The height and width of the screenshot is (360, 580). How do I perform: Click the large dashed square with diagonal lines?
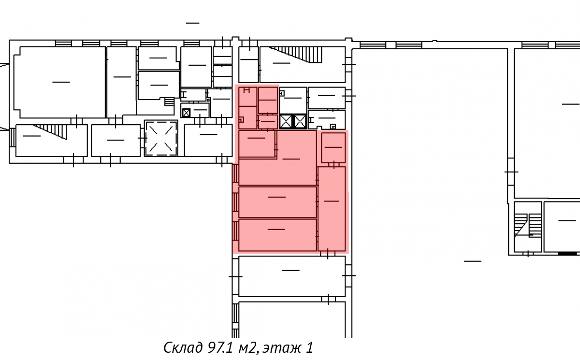click(161, 138)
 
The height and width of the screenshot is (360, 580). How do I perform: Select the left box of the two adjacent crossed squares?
click(286, 121)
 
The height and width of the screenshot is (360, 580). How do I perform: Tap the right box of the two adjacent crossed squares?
click(300, 121)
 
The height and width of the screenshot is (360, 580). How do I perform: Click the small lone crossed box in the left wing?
click(186, 113)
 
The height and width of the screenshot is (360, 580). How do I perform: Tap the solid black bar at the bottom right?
click(567, 254)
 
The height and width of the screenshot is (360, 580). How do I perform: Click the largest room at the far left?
click(59, 82)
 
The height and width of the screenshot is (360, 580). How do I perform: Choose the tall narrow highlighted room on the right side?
click(332, 209)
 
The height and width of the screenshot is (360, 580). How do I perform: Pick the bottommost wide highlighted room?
click(277, 235)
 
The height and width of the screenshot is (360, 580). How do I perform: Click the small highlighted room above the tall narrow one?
click(333, 148)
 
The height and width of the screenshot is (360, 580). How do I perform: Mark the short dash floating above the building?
click(193, 23)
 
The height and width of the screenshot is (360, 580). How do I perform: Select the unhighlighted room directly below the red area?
click(292, 276)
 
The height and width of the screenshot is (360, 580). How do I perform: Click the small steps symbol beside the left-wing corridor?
click(169, 101)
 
